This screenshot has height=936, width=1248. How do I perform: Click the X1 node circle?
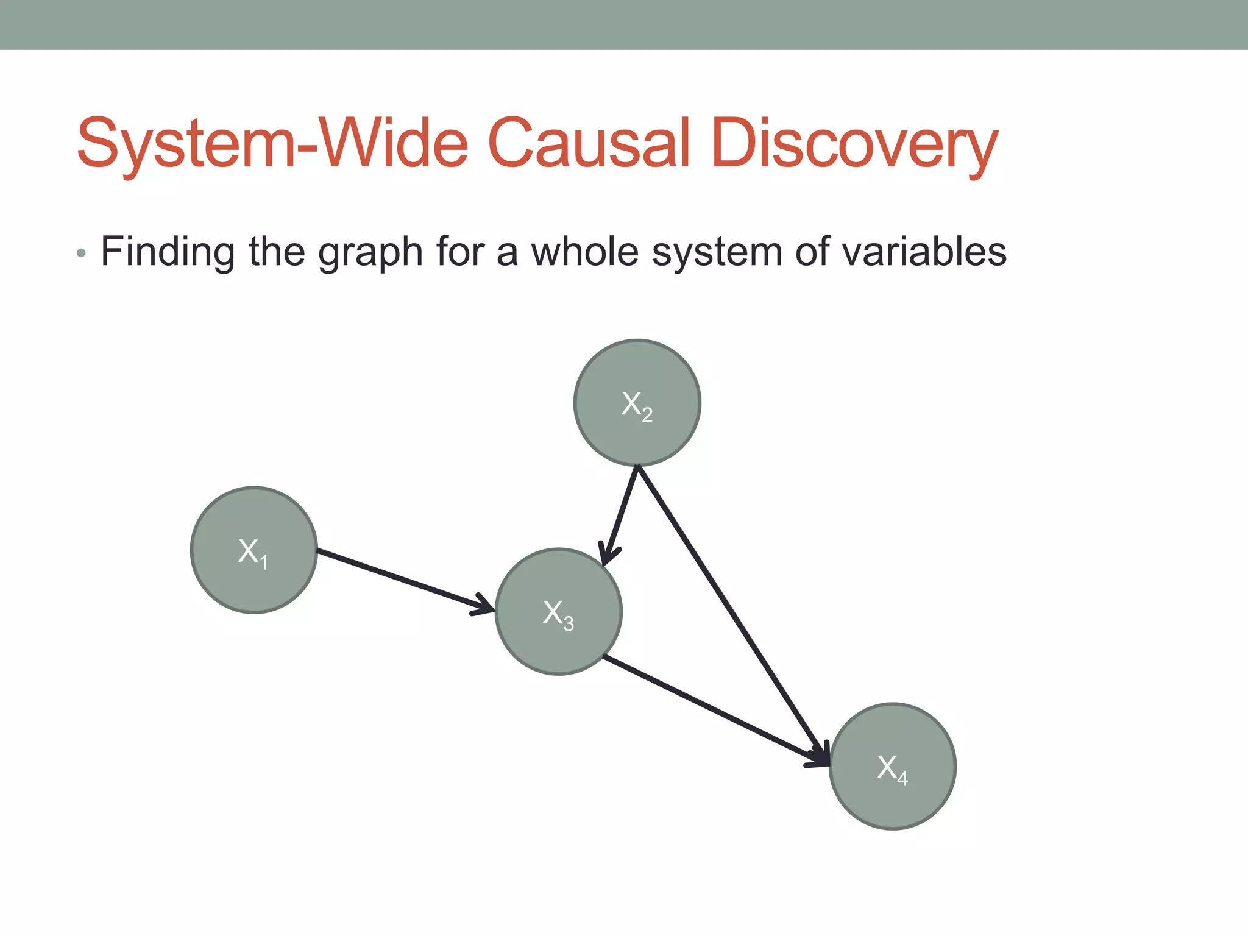pos(253,550)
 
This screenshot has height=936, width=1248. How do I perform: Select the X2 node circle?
pos(637,402)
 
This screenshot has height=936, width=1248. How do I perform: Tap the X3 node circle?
pos(558,611)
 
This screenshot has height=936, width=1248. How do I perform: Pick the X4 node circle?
pos(893,766)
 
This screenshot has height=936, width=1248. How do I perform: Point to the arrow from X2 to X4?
pos(731,612)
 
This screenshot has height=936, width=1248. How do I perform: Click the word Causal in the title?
pos(589,144)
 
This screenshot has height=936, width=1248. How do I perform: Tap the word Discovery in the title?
pos(853,144)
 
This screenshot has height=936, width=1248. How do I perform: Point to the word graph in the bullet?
pos(370,252)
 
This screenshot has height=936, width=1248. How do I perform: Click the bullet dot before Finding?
pos(81,253)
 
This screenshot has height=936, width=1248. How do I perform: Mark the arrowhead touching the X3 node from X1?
pos(486,606)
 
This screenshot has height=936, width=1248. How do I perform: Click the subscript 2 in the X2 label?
pos(647,416)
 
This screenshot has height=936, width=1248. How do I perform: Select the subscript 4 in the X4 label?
pos(902,779)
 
